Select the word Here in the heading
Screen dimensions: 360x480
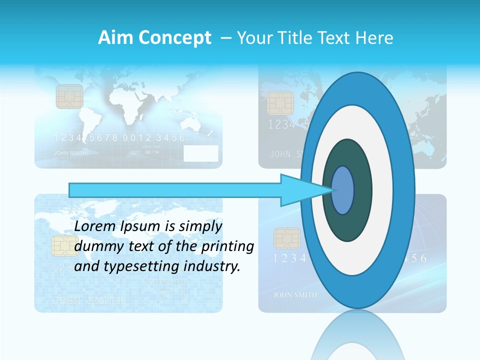click(374, 38)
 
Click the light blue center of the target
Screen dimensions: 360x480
click(342, 190)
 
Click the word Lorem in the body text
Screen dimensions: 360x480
click(95, 226)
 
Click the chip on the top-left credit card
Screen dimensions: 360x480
click(69, 96)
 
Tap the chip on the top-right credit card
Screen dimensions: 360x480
click(280, 102)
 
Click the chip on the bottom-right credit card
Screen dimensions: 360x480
click(287, 238)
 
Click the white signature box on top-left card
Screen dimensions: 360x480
click(201, 153)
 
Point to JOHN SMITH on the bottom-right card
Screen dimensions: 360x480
click(295, 295)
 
